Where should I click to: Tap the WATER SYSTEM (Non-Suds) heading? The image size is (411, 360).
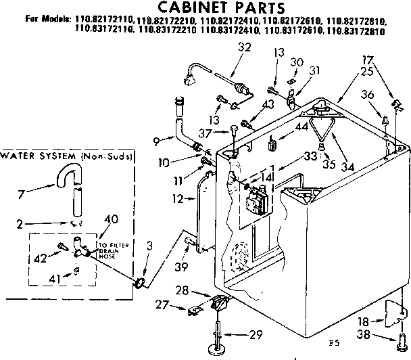66,157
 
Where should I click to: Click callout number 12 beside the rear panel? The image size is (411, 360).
176,198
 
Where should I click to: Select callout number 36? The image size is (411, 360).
367,96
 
